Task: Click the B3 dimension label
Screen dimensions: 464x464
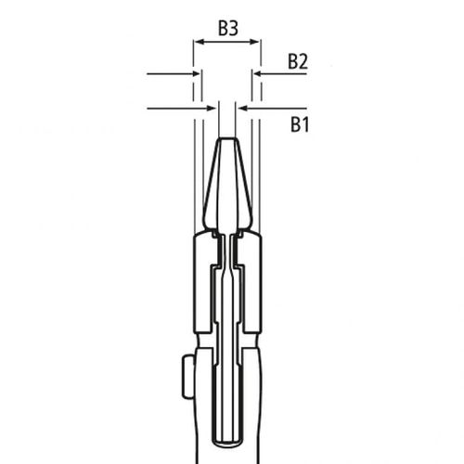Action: pos(228,29)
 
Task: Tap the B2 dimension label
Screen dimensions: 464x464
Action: pos(297,61)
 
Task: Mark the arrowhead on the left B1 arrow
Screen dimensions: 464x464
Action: pos(211,109)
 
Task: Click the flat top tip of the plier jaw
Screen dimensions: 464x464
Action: pos(227,140)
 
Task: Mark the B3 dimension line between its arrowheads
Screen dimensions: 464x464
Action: pos(227,42)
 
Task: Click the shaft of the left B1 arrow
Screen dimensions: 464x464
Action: pos(176,109)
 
